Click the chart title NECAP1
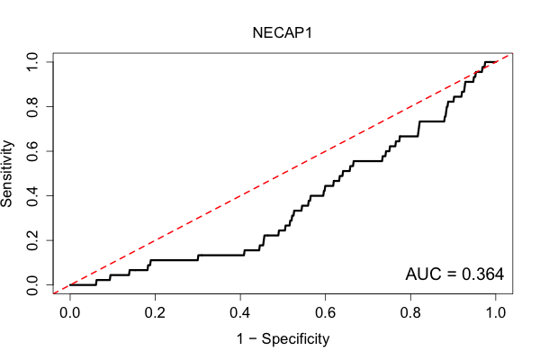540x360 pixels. [x=282, y=33]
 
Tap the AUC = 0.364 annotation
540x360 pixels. [x=454, y=274]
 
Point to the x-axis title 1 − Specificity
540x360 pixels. [x=283, y=339]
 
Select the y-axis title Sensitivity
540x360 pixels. [x=7, y=174]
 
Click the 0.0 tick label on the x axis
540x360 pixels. [x=70, y=313]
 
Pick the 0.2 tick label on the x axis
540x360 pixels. [x=155, y=313]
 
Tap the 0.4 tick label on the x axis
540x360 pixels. [x=240, y=313]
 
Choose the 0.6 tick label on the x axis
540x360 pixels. [x=325, y=313]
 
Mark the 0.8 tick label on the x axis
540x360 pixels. [x=410, y=313]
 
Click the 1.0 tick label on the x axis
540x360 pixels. [x=495, y=313]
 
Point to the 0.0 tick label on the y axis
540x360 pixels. [x=32, y=285]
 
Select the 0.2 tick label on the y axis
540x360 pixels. [x=32, y=240]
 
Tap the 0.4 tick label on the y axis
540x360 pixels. [x=32, y=195]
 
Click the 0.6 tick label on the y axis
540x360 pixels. [x=32, y=151]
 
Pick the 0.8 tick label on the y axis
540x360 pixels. [x=32, y=107]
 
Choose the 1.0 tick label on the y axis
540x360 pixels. [x=32, y=62]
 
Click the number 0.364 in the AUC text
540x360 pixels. [x=482, y=274]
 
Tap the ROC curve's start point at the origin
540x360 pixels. [x=70, y=285]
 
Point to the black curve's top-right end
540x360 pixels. [x=495, y=62]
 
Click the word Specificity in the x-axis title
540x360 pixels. [x=295, y=339]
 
